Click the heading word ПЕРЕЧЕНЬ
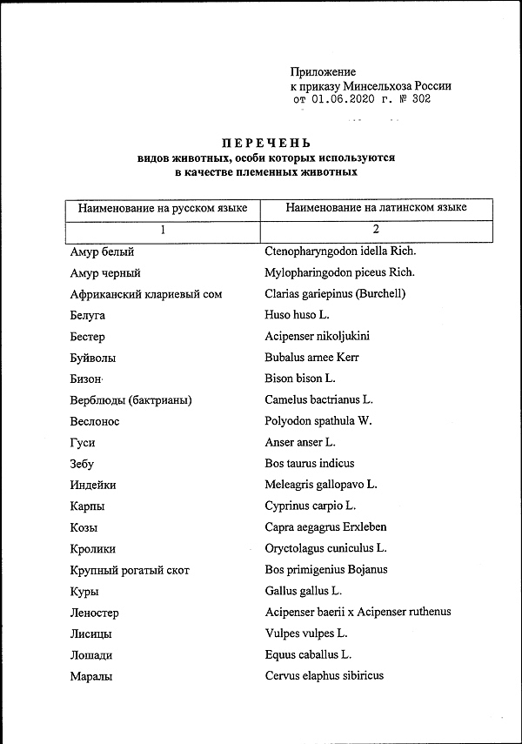click(265, 143)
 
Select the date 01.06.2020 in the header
click(344, 100)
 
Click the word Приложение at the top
click(323, 72)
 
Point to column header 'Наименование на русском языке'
click(163, 209)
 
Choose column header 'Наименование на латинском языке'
click(376, 208)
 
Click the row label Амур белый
click(102, 252)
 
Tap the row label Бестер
click(88, 337)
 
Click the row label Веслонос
click(95, 421)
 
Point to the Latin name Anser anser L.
click(300, 443)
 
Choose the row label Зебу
click(82, 464)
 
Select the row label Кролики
click(92, 549)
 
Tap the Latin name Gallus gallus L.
click(304, 591)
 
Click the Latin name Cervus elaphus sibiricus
click(324, 676)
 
